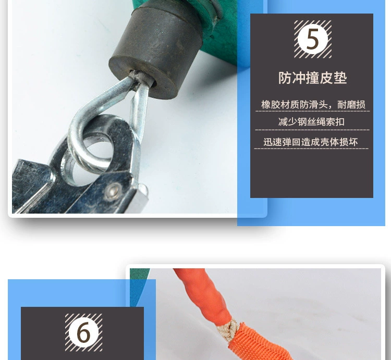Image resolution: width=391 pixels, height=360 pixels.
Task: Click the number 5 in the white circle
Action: pyautogui.click(x=313, y=39)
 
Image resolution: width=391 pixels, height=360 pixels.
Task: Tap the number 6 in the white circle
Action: pyautogui.click(x=83, y=332)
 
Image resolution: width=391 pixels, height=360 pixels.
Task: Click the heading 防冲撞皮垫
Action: pyautogui.click(x=312, y=78)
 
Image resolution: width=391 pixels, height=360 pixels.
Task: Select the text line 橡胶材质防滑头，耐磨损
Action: pyautogui.click(x=313, y=105)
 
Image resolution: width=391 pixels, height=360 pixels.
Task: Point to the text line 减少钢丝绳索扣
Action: pyautogui.click(x=311, y=122)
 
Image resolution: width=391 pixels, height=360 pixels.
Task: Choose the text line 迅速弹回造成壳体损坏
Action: pyautogui.click(x=311, y=142)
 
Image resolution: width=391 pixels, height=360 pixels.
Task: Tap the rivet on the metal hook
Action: pyautogui.click(x=113, y=191)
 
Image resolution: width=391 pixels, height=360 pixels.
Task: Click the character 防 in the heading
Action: pyautogui.click(x=285, y=78)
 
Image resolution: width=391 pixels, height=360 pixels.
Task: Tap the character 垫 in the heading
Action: pyautogui.click(x=340, y=78)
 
